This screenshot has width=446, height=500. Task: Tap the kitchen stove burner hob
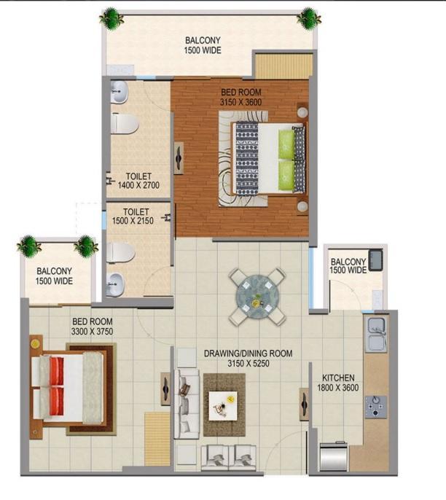point(376,407)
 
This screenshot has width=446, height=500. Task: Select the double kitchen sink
point(377,334)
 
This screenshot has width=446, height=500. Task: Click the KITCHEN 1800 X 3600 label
point(338,383)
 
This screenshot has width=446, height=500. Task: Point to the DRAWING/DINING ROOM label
point(248,353)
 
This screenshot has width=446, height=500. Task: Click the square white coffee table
point(223,405)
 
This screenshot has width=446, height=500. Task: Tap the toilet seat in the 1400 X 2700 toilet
point(125,123)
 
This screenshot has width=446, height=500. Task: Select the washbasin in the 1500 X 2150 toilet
point(114,284)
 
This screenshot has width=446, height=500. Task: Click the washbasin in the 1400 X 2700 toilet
point(119,92)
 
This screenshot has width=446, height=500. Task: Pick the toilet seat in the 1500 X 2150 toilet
point(121,252)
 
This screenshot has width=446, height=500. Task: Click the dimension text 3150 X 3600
point(240,102)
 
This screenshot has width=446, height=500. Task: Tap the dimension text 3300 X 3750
point(92,332)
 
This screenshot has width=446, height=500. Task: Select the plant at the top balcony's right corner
point(308,18)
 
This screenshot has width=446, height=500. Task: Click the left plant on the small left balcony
point(29,246)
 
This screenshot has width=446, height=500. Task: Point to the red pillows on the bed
point(56,386)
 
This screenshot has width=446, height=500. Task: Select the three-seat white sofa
point(187,404)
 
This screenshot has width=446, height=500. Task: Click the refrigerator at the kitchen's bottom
point(334,457)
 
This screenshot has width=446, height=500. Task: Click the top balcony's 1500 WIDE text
point(203,50)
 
